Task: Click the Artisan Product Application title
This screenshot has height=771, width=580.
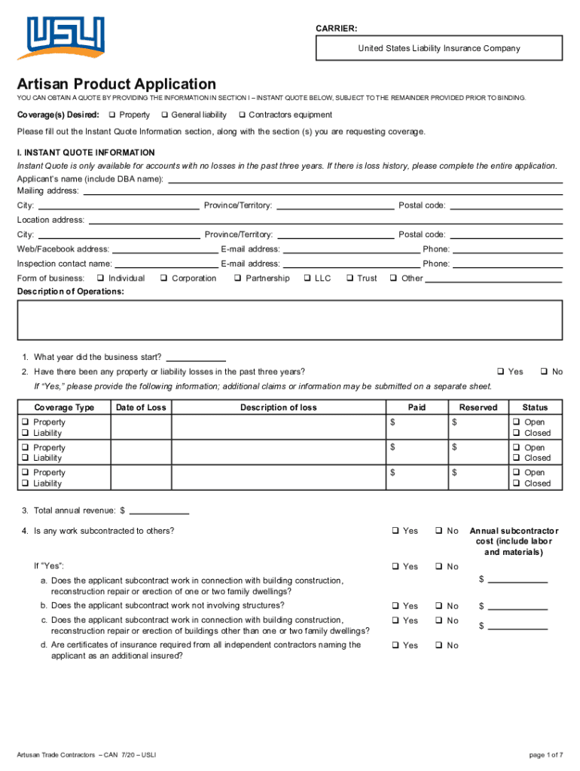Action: click(117, 84)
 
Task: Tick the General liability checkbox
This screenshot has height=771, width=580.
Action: click(163, 115)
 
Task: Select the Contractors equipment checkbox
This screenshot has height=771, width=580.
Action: click(241, 115)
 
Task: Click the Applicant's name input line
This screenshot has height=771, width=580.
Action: click(365, 179)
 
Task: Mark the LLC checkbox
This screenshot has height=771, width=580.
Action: click(307, 279)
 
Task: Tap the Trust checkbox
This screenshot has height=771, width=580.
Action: click(350, 279)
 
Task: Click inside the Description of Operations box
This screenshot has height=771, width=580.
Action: click(290, 320)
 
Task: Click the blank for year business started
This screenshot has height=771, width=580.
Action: click(195, 358)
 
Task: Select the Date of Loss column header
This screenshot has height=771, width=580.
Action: click(141, 407)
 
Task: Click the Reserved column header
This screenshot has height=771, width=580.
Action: click(478, 407)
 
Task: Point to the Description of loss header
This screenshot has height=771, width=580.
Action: click(279, 407)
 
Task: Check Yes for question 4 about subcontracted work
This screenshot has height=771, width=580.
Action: click(394, 532)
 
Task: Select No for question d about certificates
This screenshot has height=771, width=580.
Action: click(438, 646)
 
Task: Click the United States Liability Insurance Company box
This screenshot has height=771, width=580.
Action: click(439, 48)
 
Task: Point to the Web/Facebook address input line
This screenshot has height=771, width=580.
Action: click(165, 250)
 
